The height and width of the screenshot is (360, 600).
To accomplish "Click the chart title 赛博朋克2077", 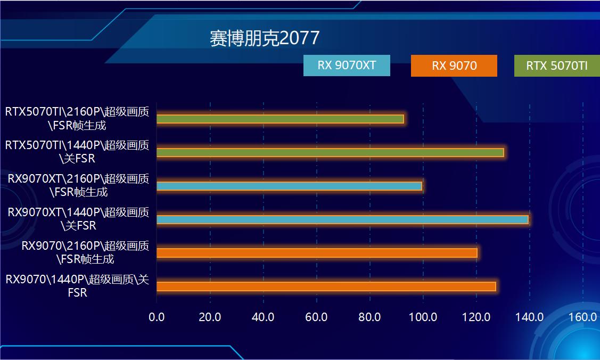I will coord(265,38).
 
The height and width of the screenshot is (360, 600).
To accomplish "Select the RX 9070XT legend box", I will coord(347,66).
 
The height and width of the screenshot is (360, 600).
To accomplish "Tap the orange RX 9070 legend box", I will coord(454,66).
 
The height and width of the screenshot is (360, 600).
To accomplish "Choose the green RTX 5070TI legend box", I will coord(556,66).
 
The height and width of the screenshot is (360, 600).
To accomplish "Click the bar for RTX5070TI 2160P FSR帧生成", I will coord(280,119).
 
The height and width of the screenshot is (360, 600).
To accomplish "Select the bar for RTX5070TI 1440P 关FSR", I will coord(330,153).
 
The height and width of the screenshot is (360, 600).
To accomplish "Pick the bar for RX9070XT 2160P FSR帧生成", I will coord(289,186).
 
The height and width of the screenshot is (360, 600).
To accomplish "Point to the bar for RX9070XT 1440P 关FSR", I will coord(342,219).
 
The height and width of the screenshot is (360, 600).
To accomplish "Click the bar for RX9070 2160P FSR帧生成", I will coord(317,253).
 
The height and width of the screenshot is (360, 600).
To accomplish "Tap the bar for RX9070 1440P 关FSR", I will coord(326,287).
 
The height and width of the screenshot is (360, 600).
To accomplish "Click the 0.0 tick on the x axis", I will coord(157,317).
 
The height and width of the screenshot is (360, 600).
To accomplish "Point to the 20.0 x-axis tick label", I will coord(210,317).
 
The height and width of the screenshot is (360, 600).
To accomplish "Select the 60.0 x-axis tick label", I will coord(316,317).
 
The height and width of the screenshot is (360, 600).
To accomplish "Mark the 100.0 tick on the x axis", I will coord(423,317).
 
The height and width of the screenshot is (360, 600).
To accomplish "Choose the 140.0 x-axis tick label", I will coord(529,317).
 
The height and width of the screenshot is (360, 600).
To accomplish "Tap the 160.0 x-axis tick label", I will coord(582,317).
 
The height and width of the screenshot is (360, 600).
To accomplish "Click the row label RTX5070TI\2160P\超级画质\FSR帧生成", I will coord(77,119).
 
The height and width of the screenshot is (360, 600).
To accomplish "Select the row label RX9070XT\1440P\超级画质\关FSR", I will coord(78,219).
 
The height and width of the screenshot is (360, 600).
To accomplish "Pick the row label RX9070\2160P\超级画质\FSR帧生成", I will coord(85,252).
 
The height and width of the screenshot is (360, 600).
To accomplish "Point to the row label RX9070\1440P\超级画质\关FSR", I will coord(77,286).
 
